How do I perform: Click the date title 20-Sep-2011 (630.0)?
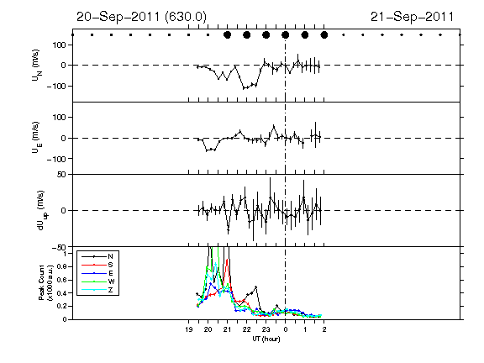tap(141, 17)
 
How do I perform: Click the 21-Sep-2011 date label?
tap(412, 17)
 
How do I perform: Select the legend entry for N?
tap(97, 256)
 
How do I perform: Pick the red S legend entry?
tap(97, 265)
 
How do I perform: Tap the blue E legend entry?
tap(97, 273)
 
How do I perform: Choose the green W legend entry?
tap(97, 281)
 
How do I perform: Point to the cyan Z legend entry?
tap(97, 290)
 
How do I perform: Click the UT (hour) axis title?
tap(266, 339)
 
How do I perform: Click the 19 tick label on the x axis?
tap(189, 329)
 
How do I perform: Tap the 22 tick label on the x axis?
tap(247, 329)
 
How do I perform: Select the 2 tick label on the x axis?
tap(324, 329)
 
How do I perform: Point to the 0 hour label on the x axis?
tap(286, 329)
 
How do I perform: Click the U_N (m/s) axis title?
tap(36, 66)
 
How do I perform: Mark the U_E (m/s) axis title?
tap(36, 138)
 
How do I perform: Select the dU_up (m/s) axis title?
tap(42, 210)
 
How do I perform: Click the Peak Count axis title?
tap(45, 282)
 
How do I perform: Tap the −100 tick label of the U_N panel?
tap(56, 86)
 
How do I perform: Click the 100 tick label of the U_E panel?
tap(60, 118)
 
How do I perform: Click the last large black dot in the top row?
tap(324, 35)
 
